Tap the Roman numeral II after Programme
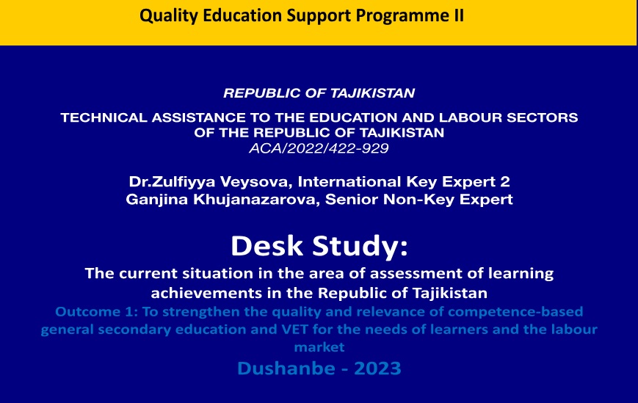pos(459,15)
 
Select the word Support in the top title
pos(319,16)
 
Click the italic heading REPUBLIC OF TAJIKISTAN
pos(319,93)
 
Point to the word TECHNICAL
pos(104,117)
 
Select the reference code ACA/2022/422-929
pos(319,148)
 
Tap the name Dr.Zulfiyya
pos(172,181)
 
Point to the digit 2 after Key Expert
pos(504,181)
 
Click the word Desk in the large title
pos(267,246)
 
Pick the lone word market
pos(319,347)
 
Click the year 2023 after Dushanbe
pos(377,368)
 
